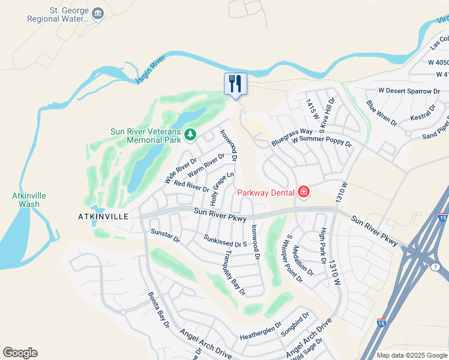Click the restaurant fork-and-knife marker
click(x=235, y=83)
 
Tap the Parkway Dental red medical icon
click(x=304, y=192)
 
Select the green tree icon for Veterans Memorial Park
click(x=190, y=133)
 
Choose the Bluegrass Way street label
click(x=292, y=136)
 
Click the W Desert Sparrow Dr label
click(x=408, y=91)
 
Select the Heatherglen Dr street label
click(x=261, y=329)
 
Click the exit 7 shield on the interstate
click(x=436, y=266)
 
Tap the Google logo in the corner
click(x=20, y=353)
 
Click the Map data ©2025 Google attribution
click(x=412, y=355)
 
